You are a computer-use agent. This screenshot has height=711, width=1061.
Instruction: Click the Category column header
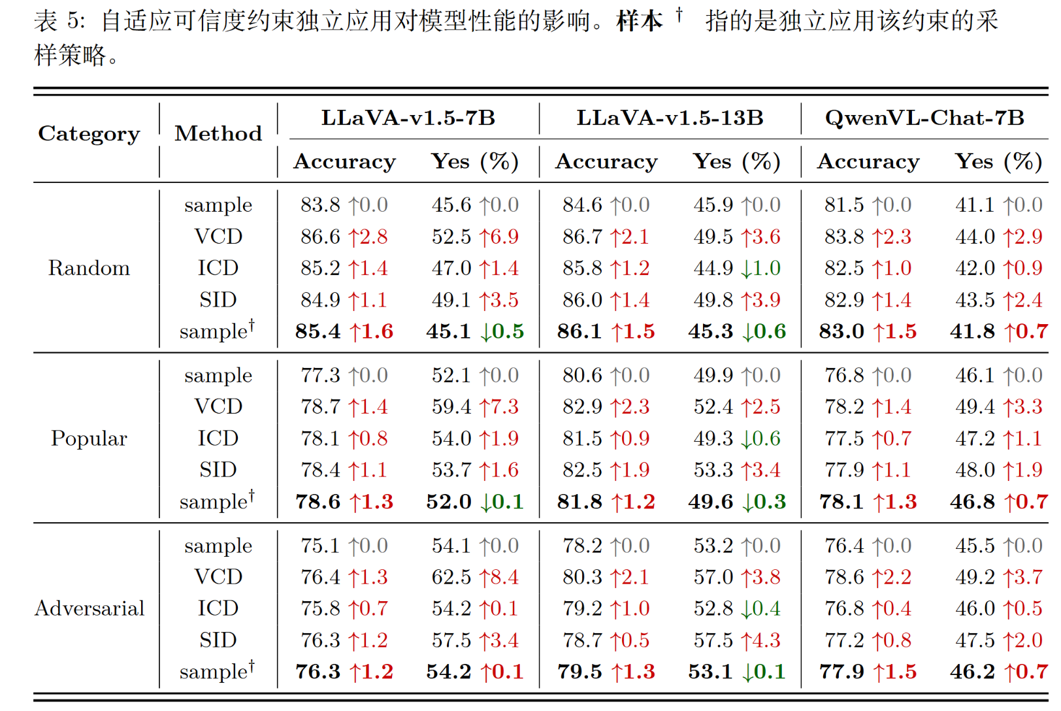tap(89, 134)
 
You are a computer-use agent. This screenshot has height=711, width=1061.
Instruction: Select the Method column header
tap(218, 134)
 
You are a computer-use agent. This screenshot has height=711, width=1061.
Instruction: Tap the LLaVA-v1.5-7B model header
tap(408, 118)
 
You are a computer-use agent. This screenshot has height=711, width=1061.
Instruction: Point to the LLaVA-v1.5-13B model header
tap(670, 118)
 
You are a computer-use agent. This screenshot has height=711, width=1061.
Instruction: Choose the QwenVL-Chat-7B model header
tap(924, 118)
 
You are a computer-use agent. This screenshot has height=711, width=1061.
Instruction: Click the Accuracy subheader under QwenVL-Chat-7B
tap(868, 161)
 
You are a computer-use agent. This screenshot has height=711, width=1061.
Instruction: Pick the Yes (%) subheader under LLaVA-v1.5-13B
tap(736, 161)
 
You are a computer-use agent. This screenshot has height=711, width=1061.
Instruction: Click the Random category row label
tap(89, 268)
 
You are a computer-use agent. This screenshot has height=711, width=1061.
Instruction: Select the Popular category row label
tap(89, 438)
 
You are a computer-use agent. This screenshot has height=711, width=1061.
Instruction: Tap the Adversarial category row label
tap(90, 608)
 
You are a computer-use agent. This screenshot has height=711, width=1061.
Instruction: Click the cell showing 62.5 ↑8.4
tap(475, 577)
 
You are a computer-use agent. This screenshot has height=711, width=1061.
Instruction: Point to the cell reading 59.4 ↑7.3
tap(475, 406)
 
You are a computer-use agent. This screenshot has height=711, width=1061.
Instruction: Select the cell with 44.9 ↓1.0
tap(737, 268)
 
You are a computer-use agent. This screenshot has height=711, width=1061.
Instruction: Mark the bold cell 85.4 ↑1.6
tap(344, 331)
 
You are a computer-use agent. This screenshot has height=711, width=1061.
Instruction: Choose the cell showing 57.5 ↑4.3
tap(737, 640)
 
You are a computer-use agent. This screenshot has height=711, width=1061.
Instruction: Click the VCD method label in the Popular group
tap(218, 406)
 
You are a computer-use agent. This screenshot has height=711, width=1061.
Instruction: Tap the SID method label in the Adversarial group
tap(218, 640)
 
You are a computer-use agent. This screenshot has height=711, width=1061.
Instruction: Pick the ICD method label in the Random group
tap(218, 268)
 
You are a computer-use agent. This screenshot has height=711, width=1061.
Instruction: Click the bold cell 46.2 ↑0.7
tap(999, 671)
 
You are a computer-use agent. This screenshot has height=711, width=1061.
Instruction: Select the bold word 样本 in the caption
tap(639, 22)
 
